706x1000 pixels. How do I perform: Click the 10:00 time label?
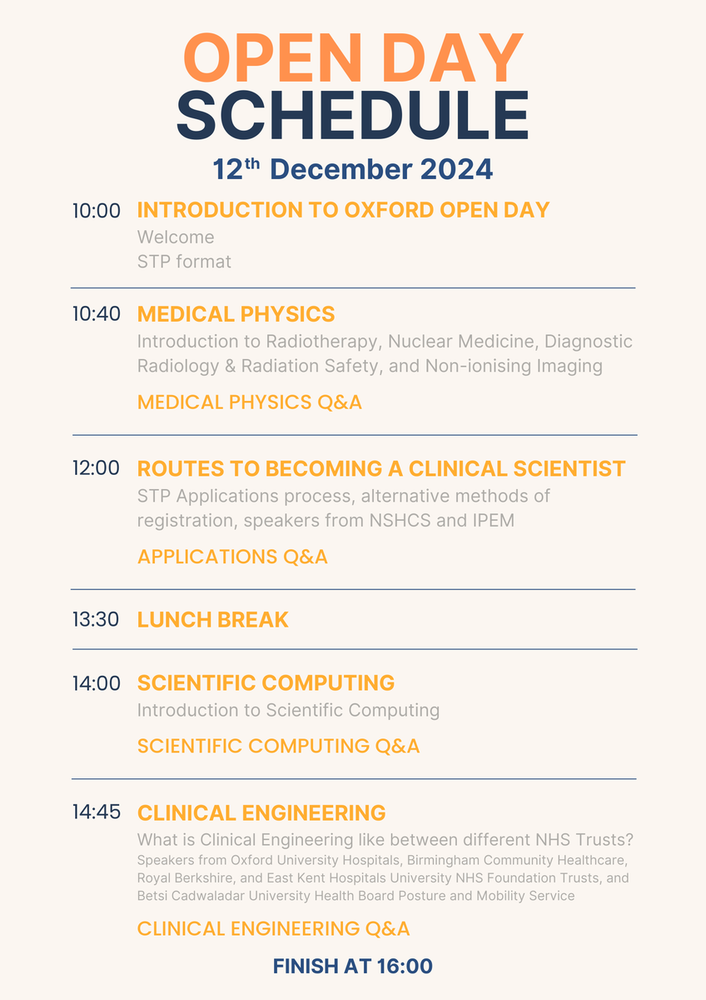(97, 211)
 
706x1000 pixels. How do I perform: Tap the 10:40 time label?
(97, 314)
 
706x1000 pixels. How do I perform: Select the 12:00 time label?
(97, 468)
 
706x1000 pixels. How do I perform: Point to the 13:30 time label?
(97, 619)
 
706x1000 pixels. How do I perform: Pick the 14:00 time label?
(97, 683)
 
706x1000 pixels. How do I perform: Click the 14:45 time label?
(97, 812)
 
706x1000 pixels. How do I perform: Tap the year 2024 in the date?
(455, 169)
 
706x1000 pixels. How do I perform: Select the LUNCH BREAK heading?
(212, 620)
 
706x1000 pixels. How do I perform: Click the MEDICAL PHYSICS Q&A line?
(250, 402)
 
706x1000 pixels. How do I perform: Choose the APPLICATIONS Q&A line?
(232, 557)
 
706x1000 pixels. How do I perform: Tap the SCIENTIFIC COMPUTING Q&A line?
(278, 746)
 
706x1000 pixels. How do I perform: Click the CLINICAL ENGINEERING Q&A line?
(273, 928)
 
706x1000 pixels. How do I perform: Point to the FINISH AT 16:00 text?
(353, 967)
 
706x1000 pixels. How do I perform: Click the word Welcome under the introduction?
(176, 237)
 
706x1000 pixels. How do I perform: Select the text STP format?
(184, 262)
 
